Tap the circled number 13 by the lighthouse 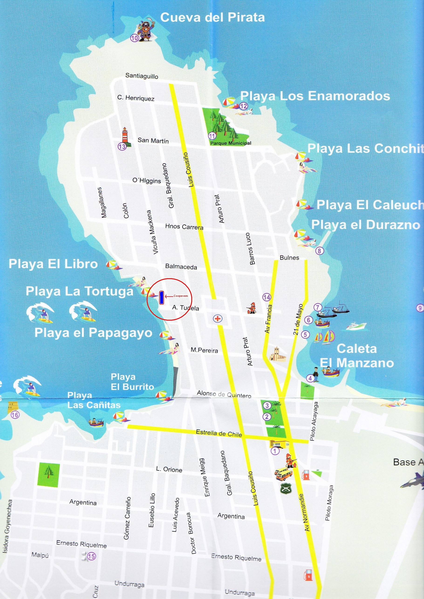click(122, 146)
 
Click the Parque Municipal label click(231, 143)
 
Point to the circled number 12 click(243, 106)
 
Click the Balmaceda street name click(181, 267)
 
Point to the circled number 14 click(267, 297)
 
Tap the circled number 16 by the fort click(15, 415)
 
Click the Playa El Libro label click(53, 264)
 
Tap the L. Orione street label click(169, 469)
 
